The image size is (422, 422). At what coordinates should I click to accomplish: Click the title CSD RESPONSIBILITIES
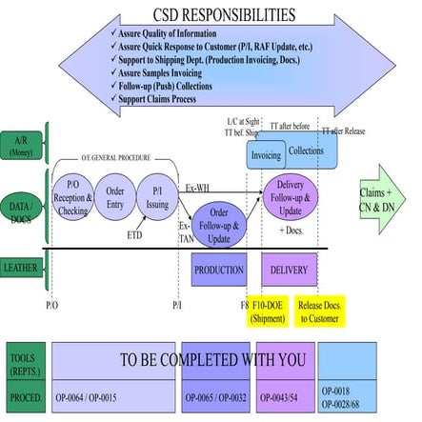pos(223,14)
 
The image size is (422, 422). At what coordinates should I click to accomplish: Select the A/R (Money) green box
pos(21,145)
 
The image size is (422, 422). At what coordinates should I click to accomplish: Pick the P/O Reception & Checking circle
pos(72,197)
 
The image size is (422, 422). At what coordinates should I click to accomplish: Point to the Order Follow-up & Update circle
pos(218,226)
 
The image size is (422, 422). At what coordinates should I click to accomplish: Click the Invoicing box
pos(265,155)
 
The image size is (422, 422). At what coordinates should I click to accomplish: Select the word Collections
pos(306,151)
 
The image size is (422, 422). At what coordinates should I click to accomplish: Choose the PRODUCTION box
pos(219,270)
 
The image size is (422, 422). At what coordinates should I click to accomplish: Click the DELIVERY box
pos(289,270)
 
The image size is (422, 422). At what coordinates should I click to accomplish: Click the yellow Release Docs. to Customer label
pos(320,311)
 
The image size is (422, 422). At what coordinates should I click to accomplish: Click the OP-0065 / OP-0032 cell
pos(215,395)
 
